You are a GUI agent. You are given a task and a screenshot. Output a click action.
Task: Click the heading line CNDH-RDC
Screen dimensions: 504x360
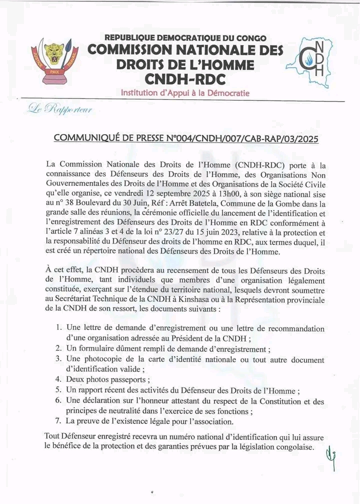coord(184,79)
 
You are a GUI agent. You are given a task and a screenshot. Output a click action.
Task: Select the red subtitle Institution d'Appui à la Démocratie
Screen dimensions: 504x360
coord(185,93)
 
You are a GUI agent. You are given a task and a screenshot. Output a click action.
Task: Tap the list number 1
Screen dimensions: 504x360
coord(58,327)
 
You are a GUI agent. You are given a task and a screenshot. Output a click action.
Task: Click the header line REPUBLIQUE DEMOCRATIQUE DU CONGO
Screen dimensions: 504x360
coord(185,37)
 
